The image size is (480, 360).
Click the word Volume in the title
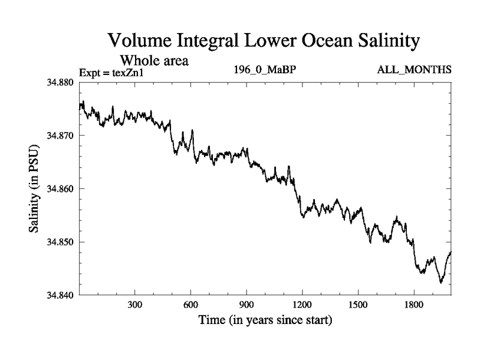pos(139,41)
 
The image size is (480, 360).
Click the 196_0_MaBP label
pos(265,70)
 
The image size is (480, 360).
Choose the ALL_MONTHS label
pos(414,70)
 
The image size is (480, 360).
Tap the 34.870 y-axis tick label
pos(61,136)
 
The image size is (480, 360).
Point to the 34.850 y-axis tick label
pos(61,242)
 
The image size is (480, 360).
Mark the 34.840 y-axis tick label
pos(61,295)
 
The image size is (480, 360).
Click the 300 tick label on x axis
pos(135,305)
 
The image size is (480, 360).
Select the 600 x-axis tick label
pos(191,305)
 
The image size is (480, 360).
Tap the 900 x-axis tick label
pos(247,305)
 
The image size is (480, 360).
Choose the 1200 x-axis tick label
pos(302,305)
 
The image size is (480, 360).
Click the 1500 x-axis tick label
pos(358,305)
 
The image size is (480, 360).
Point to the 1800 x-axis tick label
pos(414,305)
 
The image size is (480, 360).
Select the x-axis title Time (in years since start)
pos(265,320)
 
